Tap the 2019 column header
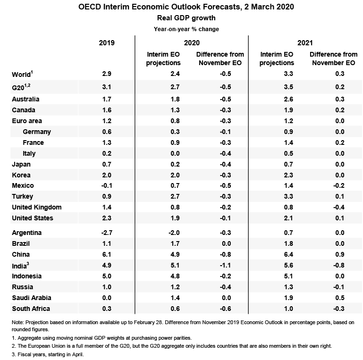pos(107,43)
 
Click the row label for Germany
pos(37,132)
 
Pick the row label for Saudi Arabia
pos(31,298)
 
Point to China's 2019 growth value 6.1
pos(107,254)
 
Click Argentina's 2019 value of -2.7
pos(107,233)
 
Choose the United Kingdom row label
pos(36,207)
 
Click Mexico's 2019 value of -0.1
pos(107,185)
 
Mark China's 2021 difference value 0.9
pos(334,254)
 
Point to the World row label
pos(22,74)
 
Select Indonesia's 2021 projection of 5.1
pos(277,276)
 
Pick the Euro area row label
pos(26,121)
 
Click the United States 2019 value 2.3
pos(107,218)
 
